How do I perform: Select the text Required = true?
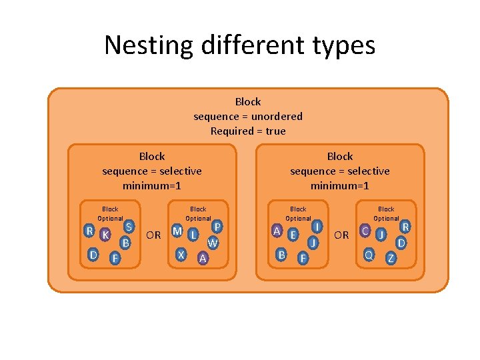click(248, 131)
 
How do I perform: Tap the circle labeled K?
click(105, 235)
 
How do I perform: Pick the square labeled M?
click(177, 231)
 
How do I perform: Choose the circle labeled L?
click(193, 235)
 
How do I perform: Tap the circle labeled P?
click(217, 227)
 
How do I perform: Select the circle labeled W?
click(213, 243)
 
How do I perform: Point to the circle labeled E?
click(293, 235)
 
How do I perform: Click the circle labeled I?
click(317, 227)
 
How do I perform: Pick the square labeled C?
click(365, 231)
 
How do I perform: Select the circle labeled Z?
click(391, 258)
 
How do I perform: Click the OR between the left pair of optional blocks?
click(153, 235)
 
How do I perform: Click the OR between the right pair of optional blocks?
click(341, 235)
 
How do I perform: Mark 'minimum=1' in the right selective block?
click(339, 185)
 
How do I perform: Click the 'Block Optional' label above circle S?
click(110, 213)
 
